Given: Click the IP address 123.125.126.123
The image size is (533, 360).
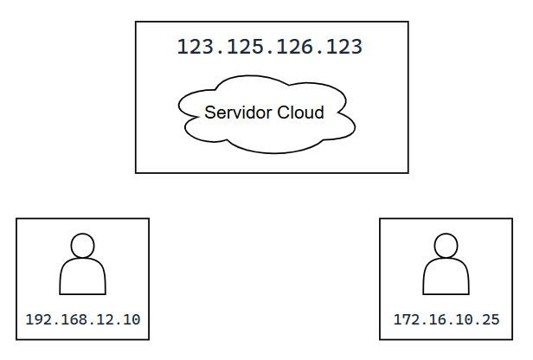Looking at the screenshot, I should (269, 47).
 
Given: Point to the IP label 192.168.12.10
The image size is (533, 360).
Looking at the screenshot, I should (83, 319).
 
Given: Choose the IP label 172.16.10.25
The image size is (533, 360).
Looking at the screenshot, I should (446, 319).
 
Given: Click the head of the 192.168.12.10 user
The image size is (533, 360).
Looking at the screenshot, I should (82, 246).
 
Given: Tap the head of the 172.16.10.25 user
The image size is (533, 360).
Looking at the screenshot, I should (446, 246).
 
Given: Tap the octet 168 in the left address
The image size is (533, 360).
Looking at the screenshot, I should (70, 319).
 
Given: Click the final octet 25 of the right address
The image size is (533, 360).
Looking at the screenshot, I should (490, 319).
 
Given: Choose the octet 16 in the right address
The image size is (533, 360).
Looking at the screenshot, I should (434, 319).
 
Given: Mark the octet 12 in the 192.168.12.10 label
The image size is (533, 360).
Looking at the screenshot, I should (100, 319).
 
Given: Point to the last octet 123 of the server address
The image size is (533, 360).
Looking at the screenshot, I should (344, 47).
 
